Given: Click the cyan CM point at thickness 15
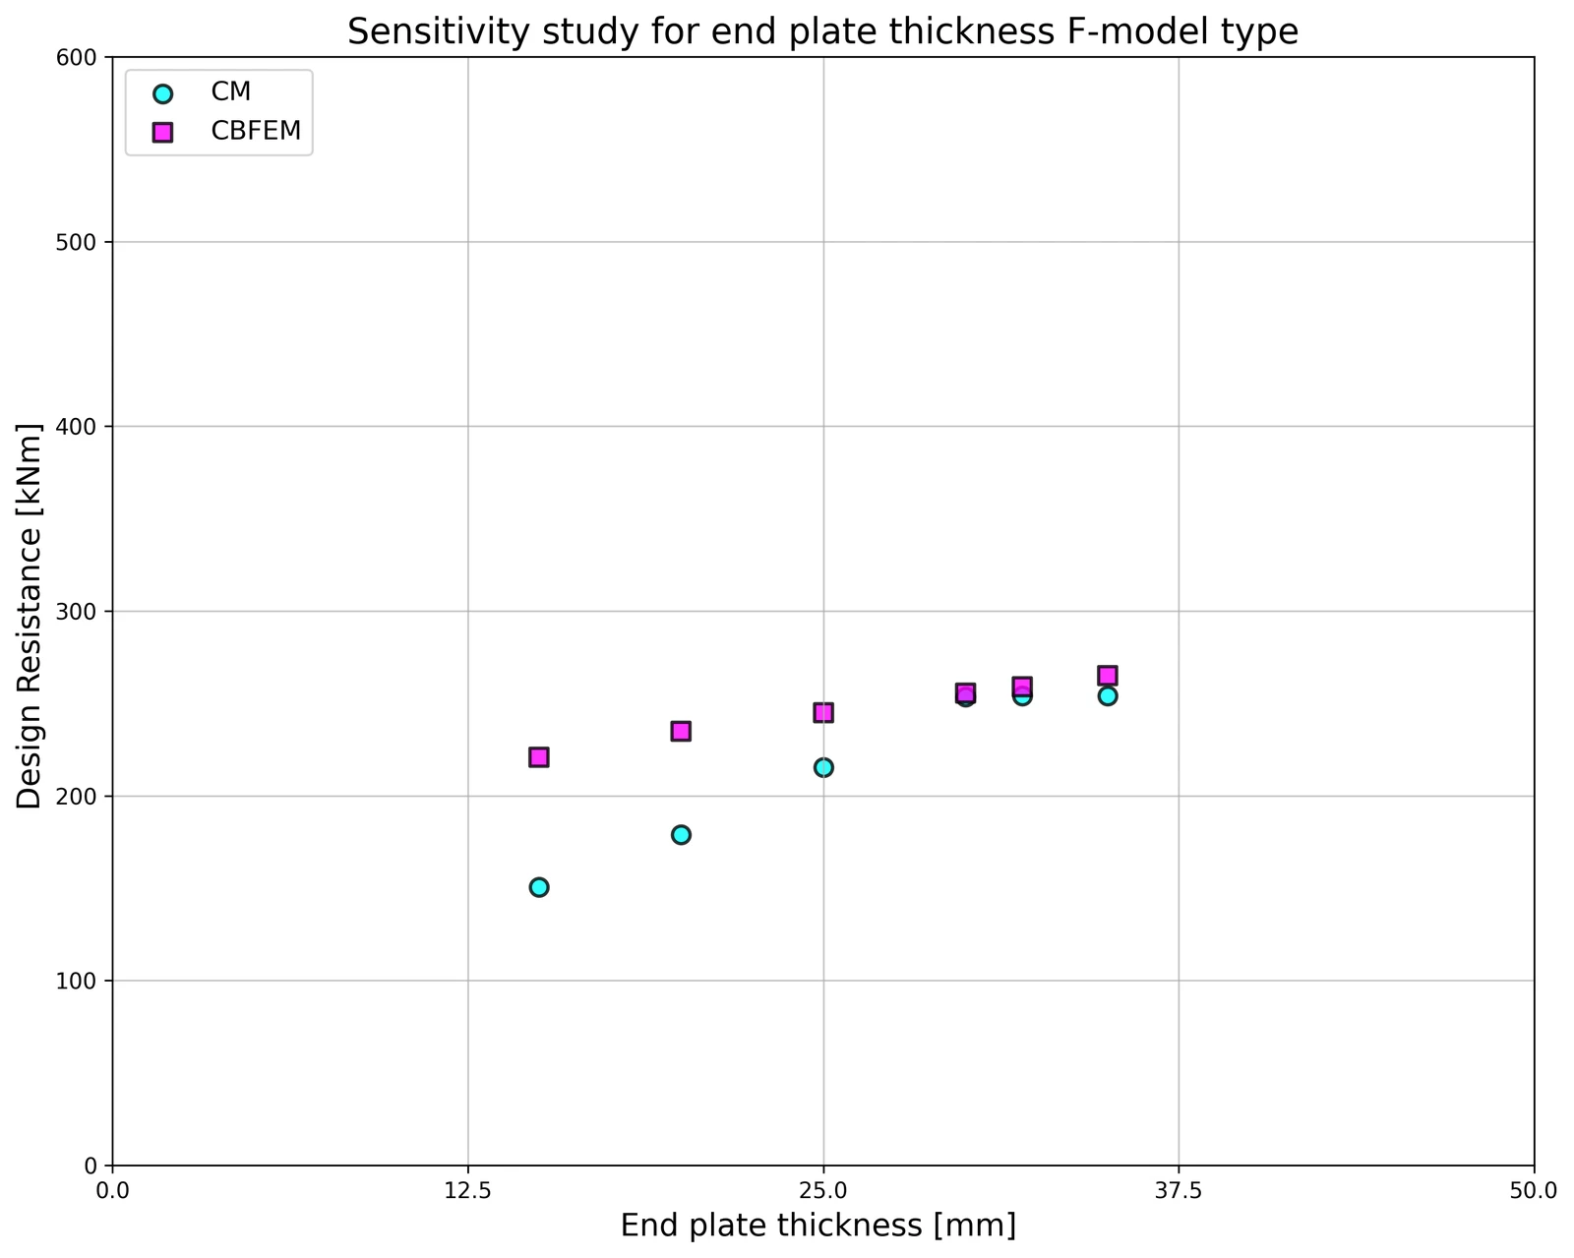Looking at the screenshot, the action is click(539, 887).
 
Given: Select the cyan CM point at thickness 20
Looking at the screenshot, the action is click(681, 834).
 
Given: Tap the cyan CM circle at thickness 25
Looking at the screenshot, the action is click(823, 767).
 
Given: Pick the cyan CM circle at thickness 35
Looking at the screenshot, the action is click(1108, 695).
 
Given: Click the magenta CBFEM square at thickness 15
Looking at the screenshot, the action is click(539, 757).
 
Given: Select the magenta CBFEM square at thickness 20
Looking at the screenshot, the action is click(681, 732).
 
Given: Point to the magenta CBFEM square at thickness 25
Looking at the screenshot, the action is click(823, 712).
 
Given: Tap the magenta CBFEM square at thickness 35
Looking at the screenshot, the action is click(1108, 675).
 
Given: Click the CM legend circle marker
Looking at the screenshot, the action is click(162, 93).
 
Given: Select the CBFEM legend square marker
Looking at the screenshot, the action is click(162, 133).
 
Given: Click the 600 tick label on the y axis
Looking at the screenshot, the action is click(76, 57).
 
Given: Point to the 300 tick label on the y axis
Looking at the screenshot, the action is click(76, 612).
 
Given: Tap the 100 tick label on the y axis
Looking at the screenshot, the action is click(76, 981).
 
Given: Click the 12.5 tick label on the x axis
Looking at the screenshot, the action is click(468, 1191).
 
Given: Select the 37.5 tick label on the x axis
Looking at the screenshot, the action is click(1179, 1191).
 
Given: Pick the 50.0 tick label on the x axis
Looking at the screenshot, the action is click(1534, 1191).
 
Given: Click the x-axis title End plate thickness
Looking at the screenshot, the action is click(771, 1226).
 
